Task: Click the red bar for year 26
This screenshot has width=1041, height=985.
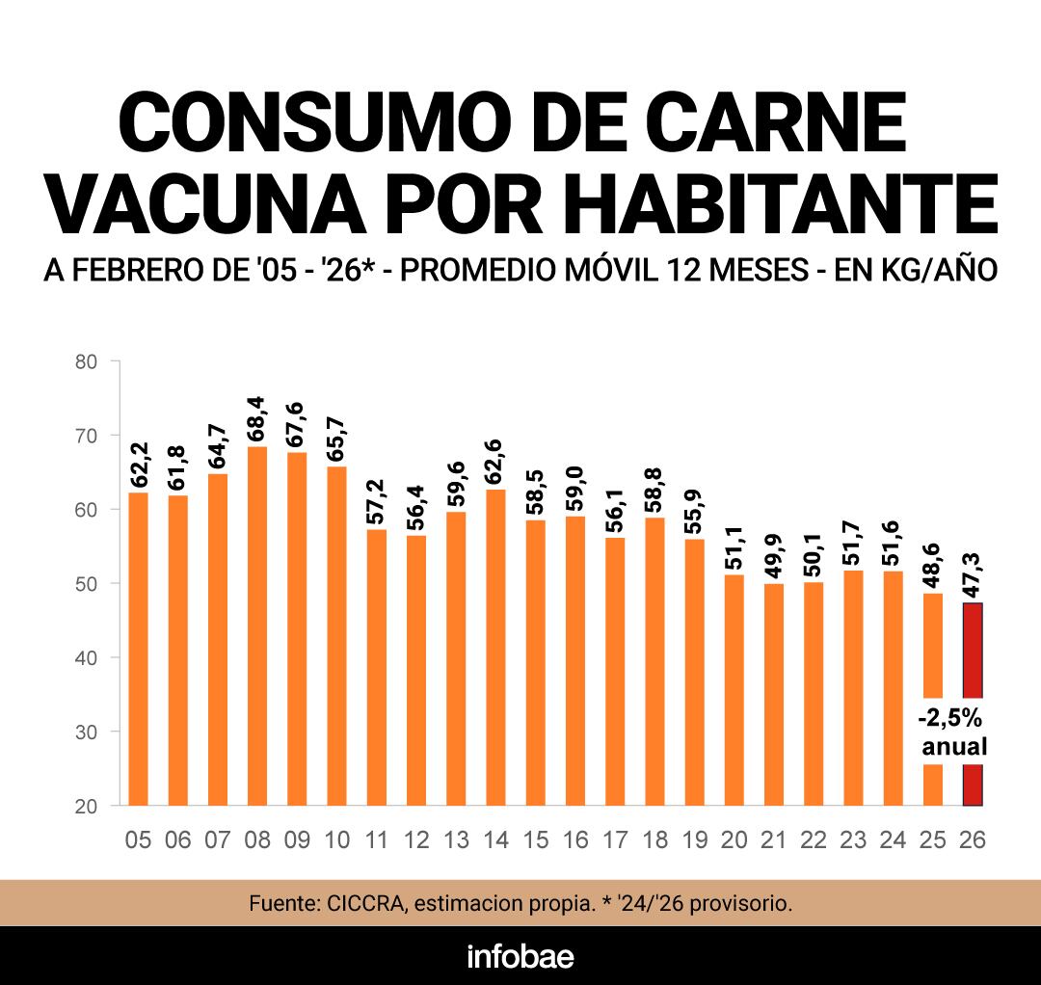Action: pos(973,655)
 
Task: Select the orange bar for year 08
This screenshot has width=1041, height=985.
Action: pos(257,626)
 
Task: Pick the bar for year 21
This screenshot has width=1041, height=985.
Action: pos(774,694)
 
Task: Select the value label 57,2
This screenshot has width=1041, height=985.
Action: pos(376,502)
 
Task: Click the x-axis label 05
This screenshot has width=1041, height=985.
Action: pos(138,840)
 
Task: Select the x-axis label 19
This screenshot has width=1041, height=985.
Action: pos(694,840)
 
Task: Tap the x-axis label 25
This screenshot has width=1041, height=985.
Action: pos(932,840)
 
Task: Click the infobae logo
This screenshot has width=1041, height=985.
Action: pos(520,956)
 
